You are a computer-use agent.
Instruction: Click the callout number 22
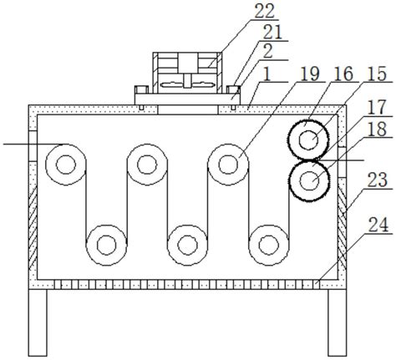click(x=265, y=11)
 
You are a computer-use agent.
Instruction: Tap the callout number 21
click(x=273, y=33)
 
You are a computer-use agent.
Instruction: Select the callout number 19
click(x=311, y=74)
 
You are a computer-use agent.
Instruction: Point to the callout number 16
click(x=344, y=74)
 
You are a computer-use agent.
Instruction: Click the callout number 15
click(x=377, y=74)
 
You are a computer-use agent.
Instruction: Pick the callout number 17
click(x=377, y=108)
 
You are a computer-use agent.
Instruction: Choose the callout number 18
click(x=377, y=129)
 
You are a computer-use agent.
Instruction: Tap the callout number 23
click(x=378, y=180)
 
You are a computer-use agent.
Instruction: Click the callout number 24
click(x=378, y=225)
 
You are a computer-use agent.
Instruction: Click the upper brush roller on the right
click(x=308, y=139)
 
